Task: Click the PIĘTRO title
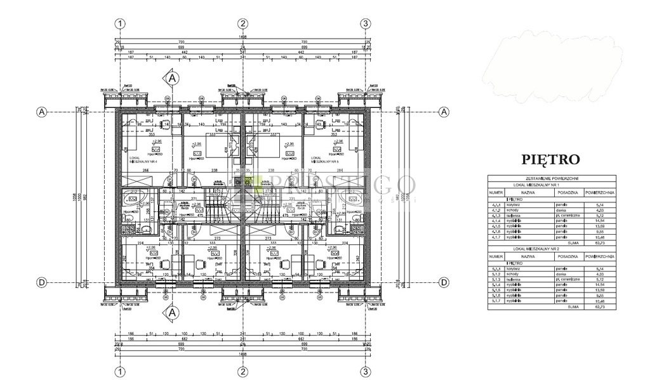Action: point(550,159)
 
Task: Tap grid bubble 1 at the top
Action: point(119,23)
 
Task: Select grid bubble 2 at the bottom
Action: point(242,371)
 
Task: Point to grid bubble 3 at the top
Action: point(365,23)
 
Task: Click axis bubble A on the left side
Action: point(42,112)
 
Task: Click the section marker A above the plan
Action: point(171,77)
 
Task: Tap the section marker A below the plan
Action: point(171,313)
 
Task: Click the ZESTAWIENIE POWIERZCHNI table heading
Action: point(551,179)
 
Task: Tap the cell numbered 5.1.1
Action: point(496,270)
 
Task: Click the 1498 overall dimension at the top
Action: point(242,37)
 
